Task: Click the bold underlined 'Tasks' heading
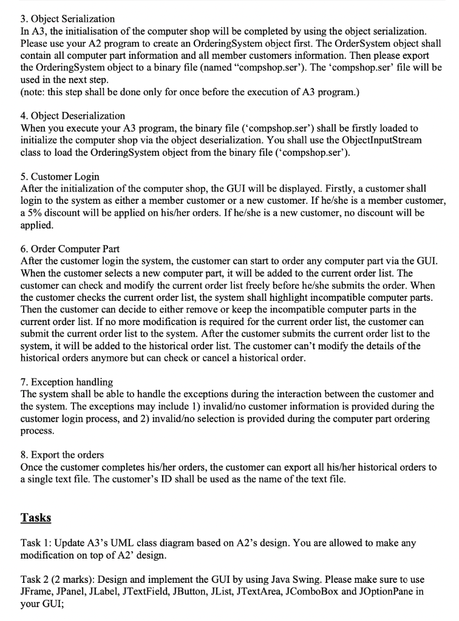36,517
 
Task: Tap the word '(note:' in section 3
35,92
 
